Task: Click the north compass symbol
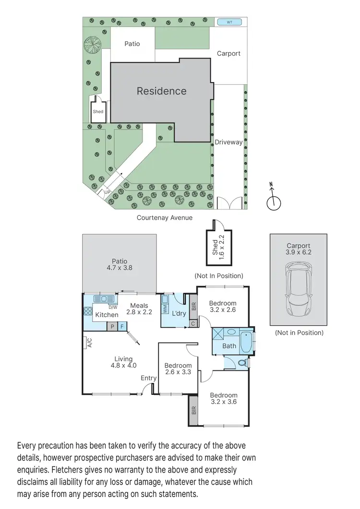click(274, 202)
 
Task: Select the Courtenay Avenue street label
click(165, 217)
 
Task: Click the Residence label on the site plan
click(161, 91)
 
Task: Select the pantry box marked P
click(112, 327)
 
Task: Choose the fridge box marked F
click(122, 327)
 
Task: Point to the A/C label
click(89, 343)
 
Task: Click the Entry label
click(148, 378)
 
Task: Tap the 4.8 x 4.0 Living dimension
click(123, 365)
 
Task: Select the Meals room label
click(139, 306)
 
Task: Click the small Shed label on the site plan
click(98, 112)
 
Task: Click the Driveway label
click(228, 142)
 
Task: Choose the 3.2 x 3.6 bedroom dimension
click(224, 402)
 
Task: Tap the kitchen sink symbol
click(102, 299)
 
